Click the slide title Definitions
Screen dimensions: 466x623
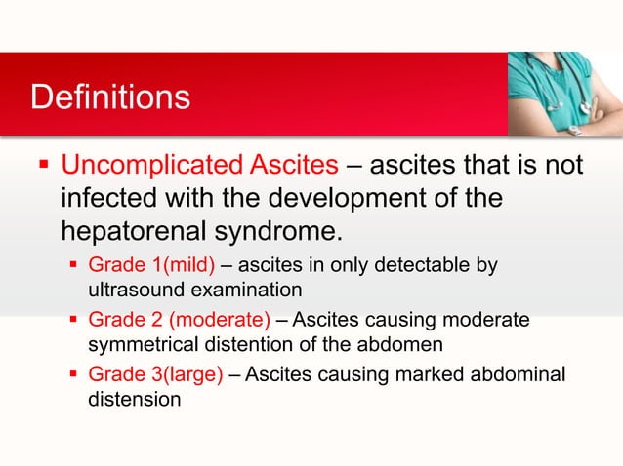pos(109,98)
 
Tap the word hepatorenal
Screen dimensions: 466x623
pos(141,234)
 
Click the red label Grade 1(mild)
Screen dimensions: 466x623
pos(151,265)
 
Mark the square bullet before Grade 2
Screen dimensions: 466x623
pos(75,319)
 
